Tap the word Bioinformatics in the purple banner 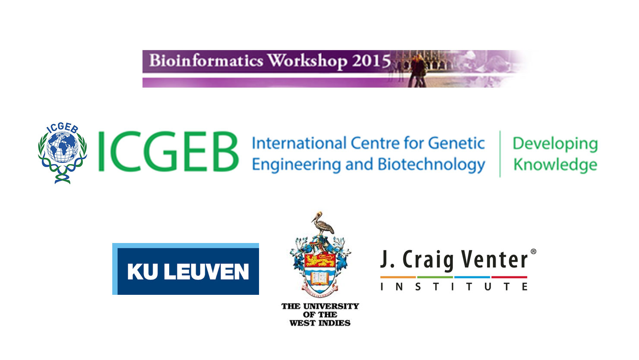206,60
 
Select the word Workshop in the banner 307,61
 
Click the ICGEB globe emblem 63,153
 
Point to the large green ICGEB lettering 168,152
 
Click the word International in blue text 299,143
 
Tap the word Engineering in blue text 297,165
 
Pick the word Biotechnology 431,165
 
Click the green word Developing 555,144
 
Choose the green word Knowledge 555,165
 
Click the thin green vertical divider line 500,154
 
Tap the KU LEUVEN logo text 188,272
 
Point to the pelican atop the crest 323,224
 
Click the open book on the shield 319,278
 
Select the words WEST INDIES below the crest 320,323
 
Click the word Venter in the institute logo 494,259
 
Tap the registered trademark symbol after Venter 533,252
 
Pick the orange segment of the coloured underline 398,277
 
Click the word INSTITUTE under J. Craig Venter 454,286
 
